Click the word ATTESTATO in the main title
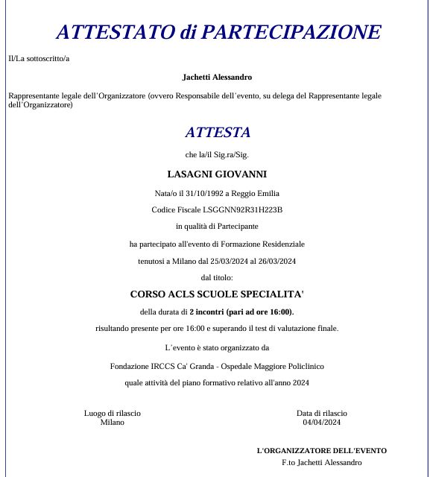pos(114,32)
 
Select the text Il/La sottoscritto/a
pos(39,58)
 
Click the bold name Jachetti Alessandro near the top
pos(217,77)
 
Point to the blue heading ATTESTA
pos(218,133)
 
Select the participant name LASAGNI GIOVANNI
pos(217,174)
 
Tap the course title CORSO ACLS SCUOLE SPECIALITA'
pos(217,294)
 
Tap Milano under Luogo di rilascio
pos(113,422)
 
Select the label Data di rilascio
pos(321,413)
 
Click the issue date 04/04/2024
pos(321,422)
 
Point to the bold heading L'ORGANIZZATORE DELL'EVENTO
pos(321,450)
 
